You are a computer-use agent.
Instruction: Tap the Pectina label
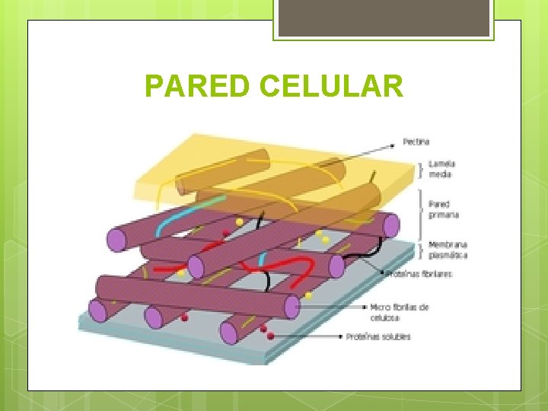pos(417,142)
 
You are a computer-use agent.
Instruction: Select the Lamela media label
pos(440,169)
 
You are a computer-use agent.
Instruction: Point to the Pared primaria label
pos(444,209)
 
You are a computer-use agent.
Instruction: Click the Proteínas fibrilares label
pos(419,273)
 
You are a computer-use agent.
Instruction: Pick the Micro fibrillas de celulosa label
pos(400,311)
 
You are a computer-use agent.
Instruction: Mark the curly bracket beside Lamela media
pos(422,169)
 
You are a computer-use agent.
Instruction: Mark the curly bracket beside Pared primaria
pos(422,209)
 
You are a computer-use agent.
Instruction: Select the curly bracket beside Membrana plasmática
pos(422,249)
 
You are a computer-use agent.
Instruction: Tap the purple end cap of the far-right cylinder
pos(391,225)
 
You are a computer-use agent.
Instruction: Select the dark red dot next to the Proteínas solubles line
pos(271,335)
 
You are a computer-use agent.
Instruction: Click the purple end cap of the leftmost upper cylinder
pos(116,239)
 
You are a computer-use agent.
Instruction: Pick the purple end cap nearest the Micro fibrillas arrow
pos(292,307)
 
